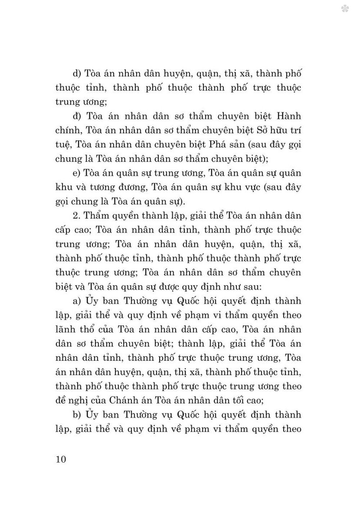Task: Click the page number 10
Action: click(61, 459)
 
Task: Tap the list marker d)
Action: click(77, 74)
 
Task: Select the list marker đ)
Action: click(77, 116)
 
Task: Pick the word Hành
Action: click(289, 116)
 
